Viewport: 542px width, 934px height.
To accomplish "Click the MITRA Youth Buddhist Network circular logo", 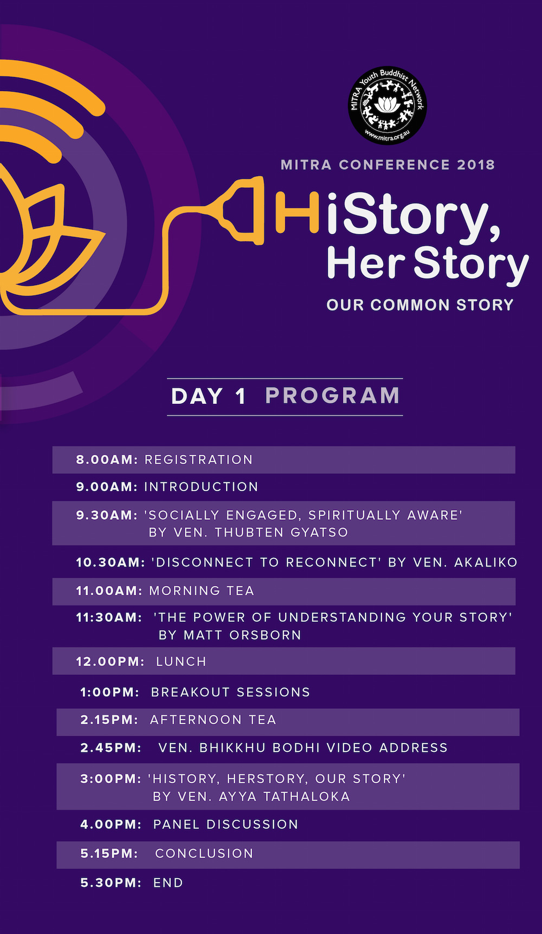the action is [x=387, y=105].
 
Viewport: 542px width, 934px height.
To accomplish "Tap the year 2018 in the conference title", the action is [x=476, y=165].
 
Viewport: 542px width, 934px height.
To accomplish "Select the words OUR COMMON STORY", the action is [x=420, y=305].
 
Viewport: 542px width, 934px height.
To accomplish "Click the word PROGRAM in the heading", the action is [x=333, y=396].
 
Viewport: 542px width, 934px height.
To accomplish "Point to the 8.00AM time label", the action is [x=107, y=460].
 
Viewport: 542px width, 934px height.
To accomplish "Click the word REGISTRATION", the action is [x=198, y=460].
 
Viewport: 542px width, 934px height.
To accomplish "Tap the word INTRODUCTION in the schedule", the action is [x=201, y=487].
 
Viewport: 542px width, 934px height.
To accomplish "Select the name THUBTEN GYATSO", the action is [x=281, y=532].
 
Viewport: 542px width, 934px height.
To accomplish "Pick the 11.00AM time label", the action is [x=110, y=590].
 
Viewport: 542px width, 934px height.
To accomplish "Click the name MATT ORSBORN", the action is [x=242, y=635].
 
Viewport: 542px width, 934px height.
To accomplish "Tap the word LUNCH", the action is [x=181, y=661].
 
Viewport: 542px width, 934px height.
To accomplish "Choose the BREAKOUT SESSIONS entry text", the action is [x=230, y=692].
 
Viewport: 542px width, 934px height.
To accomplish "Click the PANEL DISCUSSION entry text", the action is [x=225, y=825].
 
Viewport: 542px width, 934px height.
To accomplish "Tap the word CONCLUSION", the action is [x=204, y=853].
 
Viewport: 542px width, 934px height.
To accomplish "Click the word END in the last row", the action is [x=168, y=883].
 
